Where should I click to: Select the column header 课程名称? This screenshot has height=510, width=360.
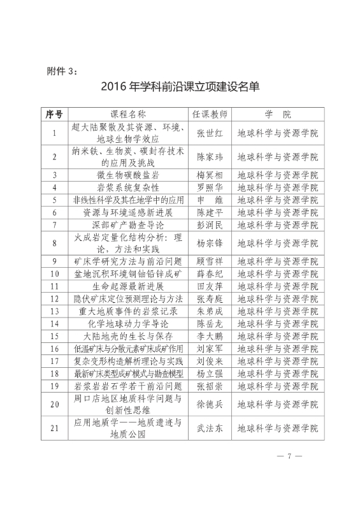[x=129, y=115]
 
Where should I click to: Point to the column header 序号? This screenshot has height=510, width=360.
[x=54, y=115]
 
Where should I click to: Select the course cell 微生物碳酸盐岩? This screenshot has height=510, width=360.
[x=129, y=175]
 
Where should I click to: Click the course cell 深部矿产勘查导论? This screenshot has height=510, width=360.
[x=129, y=224]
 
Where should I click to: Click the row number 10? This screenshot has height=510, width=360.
[x=54, y=273]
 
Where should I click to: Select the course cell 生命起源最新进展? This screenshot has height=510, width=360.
[x=129, y=286]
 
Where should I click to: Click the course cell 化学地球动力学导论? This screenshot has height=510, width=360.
[x=129, y=324]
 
